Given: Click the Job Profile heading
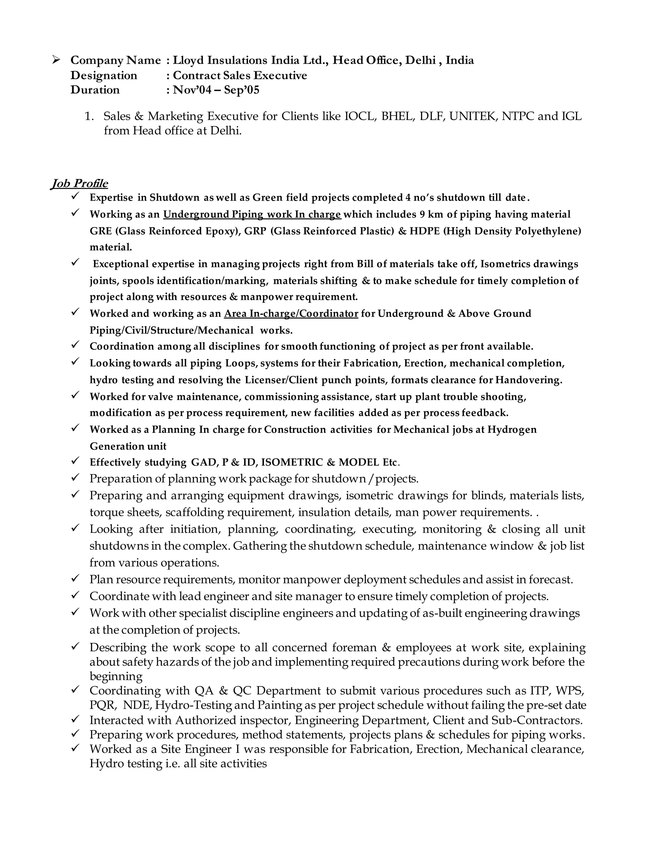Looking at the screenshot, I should (x=79, y=183).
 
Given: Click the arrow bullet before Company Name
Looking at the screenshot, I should (x=56, y=60).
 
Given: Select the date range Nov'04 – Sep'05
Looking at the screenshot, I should (x=216, y=90).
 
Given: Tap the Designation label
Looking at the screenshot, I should (x=103, y=75).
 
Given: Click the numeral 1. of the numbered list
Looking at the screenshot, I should (x=89, y=116).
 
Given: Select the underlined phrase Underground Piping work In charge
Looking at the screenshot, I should (x=252, y=214).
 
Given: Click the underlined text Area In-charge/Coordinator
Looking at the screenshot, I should (x=291, y=313).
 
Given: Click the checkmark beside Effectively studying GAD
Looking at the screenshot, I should (x=75, y=461).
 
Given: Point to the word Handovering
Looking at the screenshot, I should (x=528, y=380).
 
